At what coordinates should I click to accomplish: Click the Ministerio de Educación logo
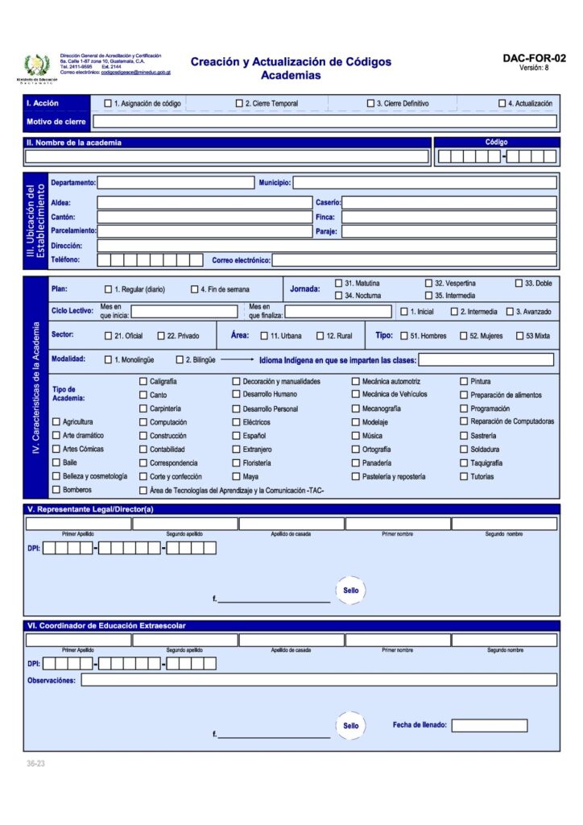tap(36, 66)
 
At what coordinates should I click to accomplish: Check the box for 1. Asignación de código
tap(108, 103)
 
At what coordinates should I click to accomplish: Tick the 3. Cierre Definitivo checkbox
tap(371, 103)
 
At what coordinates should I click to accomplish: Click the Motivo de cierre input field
tap(325, 122)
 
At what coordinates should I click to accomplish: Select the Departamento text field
tap(175, 183)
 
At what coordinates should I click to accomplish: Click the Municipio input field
tap(424, 183)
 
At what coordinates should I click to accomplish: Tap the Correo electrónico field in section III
tap(414, 260)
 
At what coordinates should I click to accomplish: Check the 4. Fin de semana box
tap(194, 289)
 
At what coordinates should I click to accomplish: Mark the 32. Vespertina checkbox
tap(429, 284)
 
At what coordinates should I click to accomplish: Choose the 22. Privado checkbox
tap(161, 335)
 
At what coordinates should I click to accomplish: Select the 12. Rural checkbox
tap(320, 335)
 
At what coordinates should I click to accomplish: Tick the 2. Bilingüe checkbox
tap(180, 360)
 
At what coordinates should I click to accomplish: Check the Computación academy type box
tap(143, 422)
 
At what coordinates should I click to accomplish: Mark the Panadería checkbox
tap(356, 463)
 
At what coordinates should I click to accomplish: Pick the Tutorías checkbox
tap(464, 477)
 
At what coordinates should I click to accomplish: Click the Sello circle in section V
tap(350, 591)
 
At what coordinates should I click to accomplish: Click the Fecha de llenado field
tap(489, 725)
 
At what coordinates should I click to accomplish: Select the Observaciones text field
tap(318, 680)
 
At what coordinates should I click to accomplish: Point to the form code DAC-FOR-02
tap(534, 58)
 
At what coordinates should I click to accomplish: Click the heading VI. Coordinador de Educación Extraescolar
tap(107, 626)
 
